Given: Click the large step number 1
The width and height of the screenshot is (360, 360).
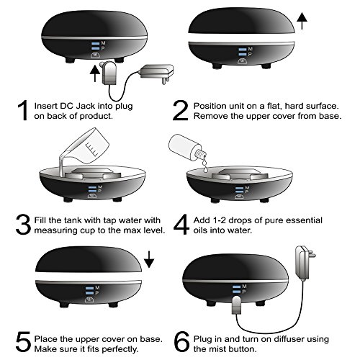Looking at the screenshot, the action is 23,110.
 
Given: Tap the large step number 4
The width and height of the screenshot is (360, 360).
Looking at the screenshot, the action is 181,225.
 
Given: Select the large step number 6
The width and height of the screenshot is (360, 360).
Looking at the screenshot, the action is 181,342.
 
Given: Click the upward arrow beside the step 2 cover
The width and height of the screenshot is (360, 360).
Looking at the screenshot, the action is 302,21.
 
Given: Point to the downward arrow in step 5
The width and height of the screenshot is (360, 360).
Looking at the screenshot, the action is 149,259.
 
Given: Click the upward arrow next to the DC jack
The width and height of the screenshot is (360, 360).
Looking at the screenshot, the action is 95,73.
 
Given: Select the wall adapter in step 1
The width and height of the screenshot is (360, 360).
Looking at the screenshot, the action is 156,73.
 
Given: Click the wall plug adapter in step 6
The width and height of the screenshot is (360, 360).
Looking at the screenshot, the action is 304,262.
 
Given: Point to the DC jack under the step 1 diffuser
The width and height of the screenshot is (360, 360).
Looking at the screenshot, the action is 108,73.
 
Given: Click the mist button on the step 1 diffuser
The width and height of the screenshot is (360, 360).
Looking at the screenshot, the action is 95,55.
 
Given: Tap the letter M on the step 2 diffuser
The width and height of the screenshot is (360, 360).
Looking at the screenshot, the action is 251,49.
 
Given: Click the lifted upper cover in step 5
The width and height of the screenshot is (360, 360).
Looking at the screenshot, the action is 89,260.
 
